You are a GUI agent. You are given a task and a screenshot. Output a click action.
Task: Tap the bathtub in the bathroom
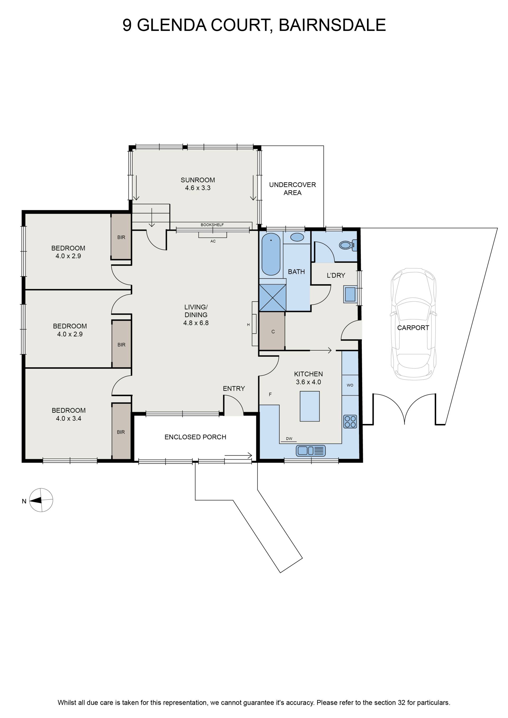coord(271,254)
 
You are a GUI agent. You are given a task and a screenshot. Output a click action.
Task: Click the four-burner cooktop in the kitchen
coord(350,421)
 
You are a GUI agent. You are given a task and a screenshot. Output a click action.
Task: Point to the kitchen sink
coord(311,451)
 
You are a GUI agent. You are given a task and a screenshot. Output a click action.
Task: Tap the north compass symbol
coord(41,500)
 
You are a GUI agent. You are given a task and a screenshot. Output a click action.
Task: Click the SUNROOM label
coord(198,180)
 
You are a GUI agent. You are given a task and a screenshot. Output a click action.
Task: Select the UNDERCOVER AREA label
coord(292,189)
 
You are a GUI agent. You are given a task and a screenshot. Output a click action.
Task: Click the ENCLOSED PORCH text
coord(195,437)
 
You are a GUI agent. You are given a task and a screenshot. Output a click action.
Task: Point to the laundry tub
coord(350,294)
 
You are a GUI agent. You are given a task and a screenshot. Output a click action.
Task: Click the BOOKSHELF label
coord(212,225)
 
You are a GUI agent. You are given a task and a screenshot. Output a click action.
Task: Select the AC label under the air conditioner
coord(213,241)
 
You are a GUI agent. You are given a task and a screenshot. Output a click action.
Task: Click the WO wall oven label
coord(350,385)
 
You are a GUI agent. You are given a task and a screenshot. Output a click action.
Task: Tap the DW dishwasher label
coord(289,439)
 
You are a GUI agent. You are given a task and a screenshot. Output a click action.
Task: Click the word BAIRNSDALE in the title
coord(332,25)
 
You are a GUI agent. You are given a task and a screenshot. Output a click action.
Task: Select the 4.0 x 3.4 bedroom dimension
coord(69,419)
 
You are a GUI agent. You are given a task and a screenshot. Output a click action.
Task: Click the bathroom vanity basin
coord(297,237)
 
